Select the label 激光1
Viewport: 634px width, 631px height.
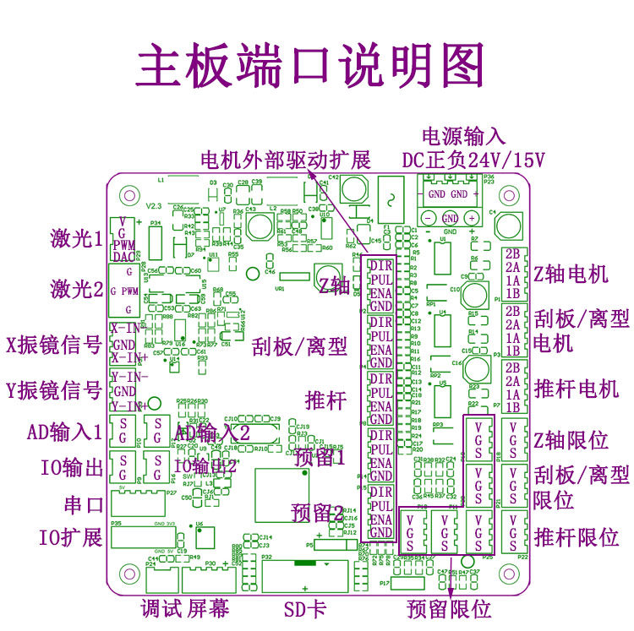75,238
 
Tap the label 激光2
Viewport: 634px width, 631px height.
75,289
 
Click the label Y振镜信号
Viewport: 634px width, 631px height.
53,390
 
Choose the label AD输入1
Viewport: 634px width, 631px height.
64,432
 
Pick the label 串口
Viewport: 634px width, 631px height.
84,505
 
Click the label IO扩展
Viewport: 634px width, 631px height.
70,536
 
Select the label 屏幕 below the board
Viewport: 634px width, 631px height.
208,609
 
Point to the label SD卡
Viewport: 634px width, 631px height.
305,609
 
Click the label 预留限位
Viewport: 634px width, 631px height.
448,609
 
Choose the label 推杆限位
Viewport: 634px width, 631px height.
577,536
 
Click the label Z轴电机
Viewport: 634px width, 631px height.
571,275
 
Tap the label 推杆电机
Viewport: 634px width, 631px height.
577,388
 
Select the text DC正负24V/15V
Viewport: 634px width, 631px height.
473,160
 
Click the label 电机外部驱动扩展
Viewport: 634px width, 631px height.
285,160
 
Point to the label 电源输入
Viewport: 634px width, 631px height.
462,136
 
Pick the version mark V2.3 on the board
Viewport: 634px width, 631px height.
153,205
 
